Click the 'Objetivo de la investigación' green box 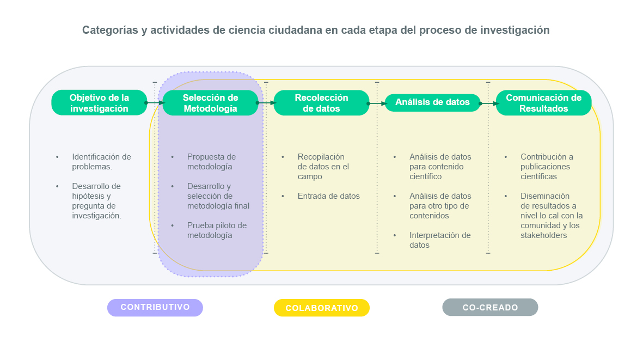tap(99, 102)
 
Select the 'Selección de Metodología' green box tap(210, 102)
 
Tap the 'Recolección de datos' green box tap(321, 102)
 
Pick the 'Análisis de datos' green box tap(433, 102)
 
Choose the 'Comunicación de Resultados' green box tap(544, 102)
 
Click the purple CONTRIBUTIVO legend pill tap(155, 308)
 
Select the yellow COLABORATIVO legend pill tap(321, 308)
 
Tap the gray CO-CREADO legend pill tap(490, 307)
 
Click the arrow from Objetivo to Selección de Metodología tap(155, 103)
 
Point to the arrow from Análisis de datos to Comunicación tap(488, 103)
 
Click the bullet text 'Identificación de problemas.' tap(101, 162)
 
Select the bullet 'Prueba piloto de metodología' tap(217, 230)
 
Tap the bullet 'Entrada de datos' tap(328, 196)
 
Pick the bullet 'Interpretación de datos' tap(440, 240)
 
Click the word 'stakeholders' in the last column tap(544, 235)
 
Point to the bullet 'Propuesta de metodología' tap(211, 162)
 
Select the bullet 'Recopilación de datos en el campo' tap(323, 167)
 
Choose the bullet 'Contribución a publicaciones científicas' tap(547, 167)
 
